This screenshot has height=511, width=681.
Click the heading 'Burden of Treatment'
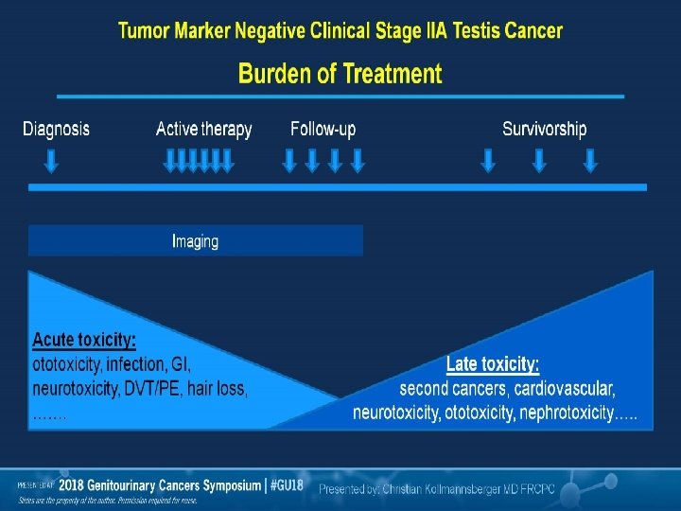[x=340, y=73]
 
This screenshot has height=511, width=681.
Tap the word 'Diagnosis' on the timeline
[x=56, y=129]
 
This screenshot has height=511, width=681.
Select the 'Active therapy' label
[x=203, y=129]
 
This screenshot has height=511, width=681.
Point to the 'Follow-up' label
[x=323, y=129]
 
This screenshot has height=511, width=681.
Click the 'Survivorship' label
[x=544, y=129]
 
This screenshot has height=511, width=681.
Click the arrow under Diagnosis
[x=52, y=162]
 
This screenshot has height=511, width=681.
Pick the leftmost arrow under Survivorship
[x=488, y=162]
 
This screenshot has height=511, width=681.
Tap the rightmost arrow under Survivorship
[x=590, y=162]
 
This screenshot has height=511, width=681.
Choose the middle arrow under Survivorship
[x=539, y=162]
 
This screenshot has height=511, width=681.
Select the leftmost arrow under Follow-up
[x=290, y=162]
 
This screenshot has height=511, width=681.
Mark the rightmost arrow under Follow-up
[x=358, y=162]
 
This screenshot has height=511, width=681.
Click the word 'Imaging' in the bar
[x=195, y=241]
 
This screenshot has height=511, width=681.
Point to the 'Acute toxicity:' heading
[x=84, y=339]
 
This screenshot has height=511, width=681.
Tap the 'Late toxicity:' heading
[x=493, y=364]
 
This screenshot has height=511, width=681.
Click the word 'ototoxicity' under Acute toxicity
[x=66, y=363]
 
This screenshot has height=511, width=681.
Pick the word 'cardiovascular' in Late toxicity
[x=565, y=389]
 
